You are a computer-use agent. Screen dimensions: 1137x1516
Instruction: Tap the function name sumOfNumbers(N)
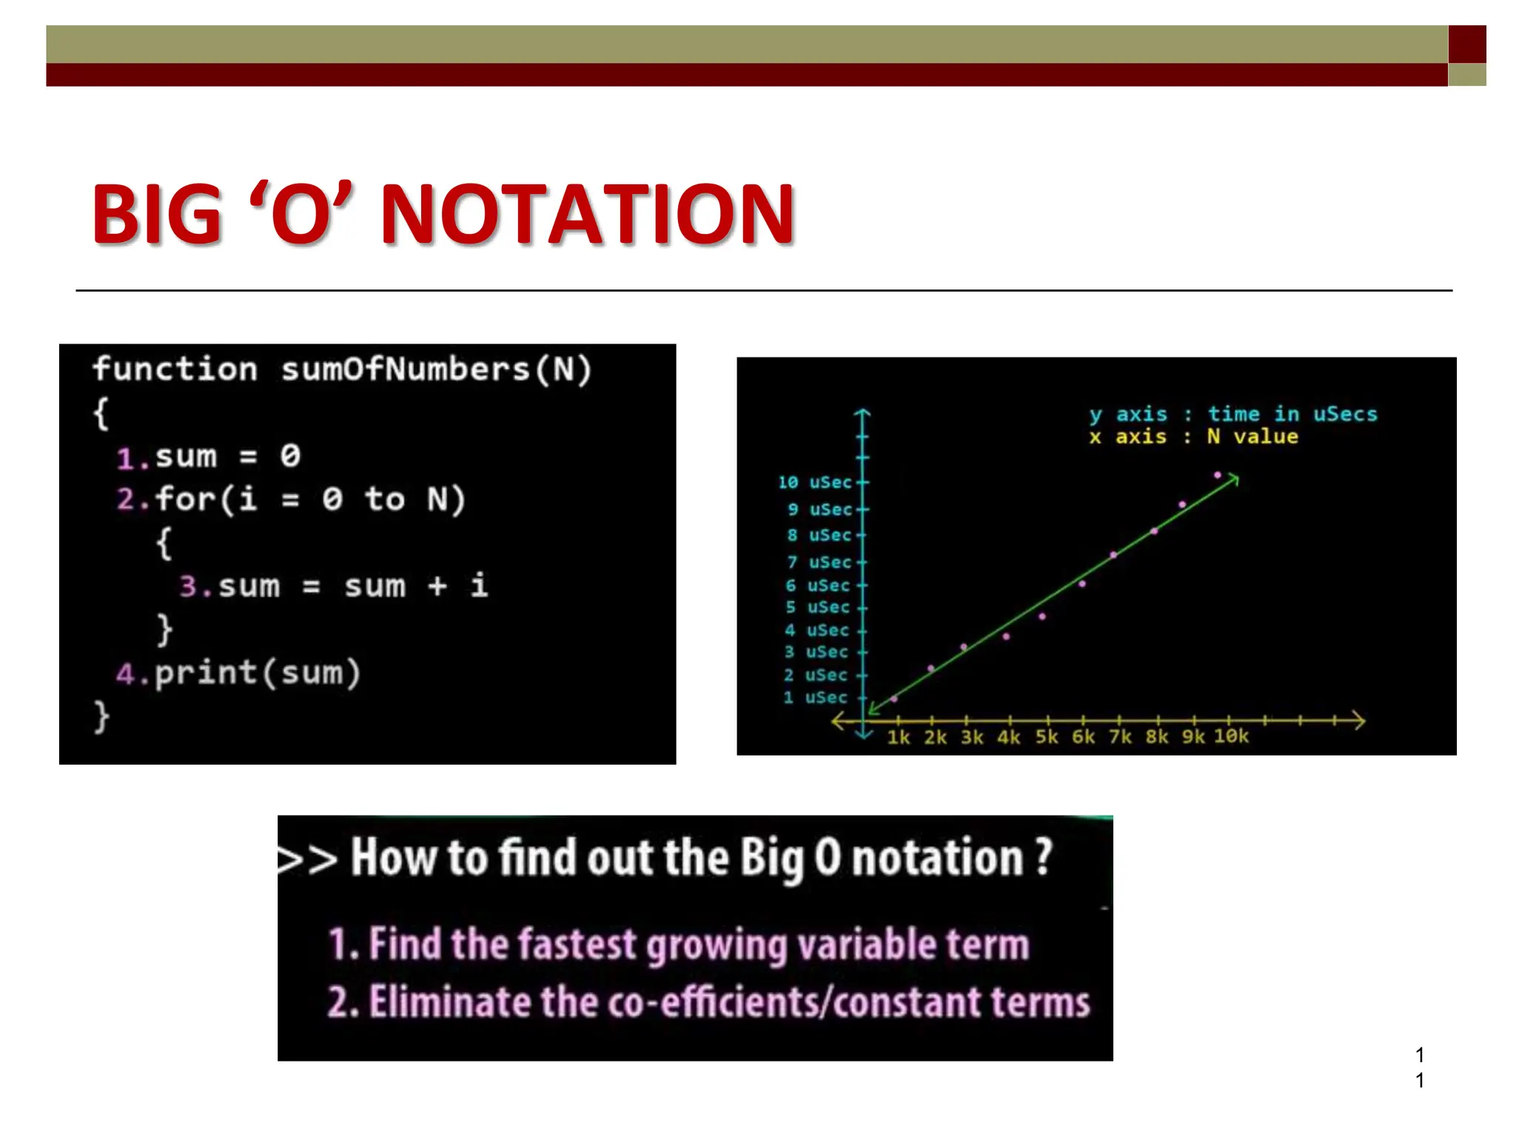[x=436, y=369]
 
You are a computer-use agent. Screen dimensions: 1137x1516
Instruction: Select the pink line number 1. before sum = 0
[x=133, y=458]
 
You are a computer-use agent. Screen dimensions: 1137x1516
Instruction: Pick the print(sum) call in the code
[x=257, y=673]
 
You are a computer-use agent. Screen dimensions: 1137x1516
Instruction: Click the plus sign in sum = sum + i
[x=437, y=586]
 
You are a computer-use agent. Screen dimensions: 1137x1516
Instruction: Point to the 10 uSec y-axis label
[x=814, y=483]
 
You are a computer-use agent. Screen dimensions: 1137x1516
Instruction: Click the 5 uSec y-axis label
[x=816, y=608]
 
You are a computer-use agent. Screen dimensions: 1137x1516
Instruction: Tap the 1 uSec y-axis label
[x=814, y=698]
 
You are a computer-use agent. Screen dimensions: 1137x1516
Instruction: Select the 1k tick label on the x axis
[x=898, y=737]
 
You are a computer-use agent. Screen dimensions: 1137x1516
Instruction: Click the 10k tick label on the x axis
[x=1230, y=737]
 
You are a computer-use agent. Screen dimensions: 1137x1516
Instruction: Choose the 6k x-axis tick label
[x=1083, y=737]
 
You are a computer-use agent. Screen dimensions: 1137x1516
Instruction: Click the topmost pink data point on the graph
[x=1217, y=475]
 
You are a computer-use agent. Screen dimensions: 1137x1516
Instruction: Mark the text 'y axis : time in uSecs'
[x=1232, y=414]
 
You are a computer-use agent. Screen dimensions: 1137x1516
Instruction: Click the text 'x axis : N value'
[x=1193, y=437]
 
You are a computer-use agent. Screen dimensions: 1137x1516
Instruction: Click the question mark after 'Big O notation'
[x=1043, y=857]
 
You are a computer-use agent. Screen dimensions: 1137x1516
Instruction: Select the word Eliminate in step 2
[x=452, y=1002]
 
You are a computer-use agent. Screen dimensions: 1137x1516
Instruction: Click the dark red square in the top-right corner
[x=1466, y=44]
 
